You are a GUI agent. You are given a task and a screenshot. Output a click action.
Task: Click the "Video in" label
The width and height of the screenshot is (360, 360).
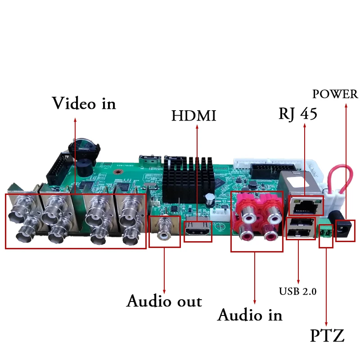click(x=84, y=103)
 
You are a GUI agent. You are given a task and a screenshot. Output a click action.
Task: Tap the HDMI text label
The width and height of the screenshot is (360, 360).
click(x=193, y=116)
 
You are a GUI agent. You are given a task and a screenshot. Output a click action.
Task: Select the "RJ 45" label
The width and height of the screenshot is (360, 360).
click(x=297, y=114)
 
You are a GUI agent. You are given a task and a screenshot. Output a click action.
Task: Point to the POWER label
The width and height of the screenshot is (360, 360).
click(x=335, y=94)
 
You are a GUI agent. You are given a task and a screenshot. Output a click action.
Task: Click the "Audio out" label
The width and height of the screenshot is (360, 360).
click(x=164, y=301)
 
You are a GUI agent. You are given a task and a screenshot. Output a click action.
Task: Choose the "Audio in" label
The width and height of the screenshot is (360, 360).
click(x=250, y=315)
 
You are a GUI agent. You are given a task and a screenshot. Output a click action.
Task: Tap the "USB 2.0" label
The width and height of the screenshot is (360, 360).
click(x=297, y=291)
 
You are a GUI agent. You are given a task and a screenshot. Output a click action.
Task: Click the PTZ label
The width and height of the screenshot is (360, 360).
click(x=327, y=336)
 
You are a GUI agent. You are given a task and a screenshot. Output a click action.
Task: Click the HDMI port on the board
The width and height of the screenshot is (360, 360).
click(x=198, y=231)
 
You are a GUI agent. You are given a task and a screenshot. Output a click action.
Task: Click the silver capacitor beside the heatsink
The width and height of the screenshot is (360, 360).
click(x=210, y=199)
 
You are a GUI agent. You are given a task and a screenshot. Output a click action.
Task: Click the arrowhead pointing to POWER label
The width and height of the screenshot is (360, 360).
click(x=346, y=106)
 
